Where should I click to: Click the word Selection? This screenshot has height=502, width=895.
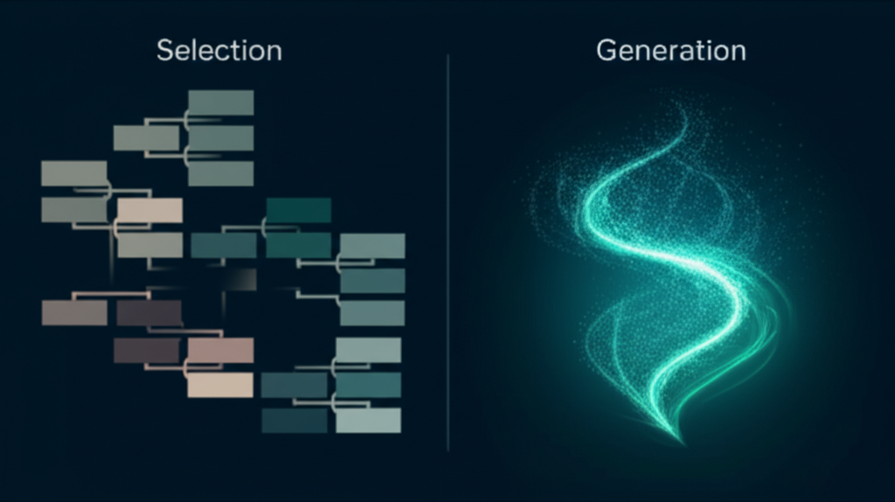point(219,51)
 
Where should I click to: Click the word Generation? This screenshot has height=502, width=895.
point(670,51)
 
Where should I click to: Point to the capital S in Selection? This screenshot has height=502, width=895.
point(164,51)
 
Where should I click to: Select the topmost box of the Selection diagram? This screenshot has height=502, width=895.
point(220,102)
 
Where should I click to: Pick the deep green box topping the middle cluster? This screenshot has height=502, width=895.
point(298,210)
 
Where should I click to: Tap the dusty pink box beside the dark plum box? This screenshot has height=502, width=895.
point(220,351)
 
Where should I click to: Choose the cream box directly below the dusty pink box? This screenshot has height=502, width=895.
point(220,385)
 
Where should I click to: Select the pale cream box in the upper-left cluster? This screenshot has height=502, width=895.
point(149,211)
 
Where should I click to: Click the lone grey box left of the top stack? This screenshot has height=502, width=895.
point(146,137)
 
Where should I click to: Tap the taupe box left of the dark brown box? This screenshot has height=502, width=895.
point(74,312)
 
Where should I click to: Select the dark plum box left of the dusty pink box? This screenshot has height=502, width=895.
point(146,351)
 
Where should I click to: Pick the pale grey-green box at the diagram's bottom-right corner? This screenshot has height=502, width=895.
point(368,420)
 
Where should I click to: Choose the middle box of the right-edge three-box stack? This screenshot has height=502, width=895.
point(372,281)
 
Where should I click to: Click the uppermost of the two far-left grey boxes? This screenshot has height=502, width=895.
point(74,173)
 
